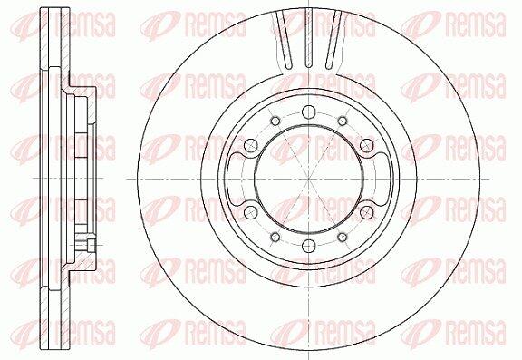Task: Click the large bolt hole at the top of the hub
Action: coord(309,112)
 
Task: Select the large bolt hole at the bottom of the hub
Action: coord(309,246)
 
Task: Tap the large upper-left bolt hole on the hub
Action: coord(251,145)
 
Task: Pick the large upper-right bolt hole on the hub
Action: coord(367,145)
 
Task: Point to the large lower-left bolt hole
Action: coord(251,212)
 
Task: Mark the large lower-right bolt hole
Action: coord(367,212)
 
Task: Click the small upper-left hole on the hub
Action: coord(275,121)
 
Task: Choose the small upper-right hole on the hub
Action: coord(343,121)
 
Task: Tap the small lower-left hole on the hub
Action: coord(275,237)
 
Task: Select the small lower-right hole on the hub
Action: coord(343,237)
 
